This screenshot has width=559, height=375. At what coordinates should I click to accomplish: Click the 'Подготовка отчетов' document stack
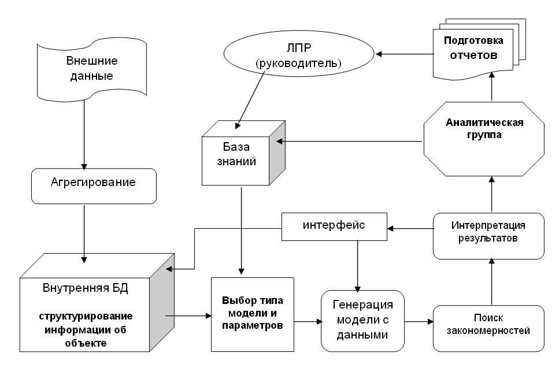[x=473, y=49]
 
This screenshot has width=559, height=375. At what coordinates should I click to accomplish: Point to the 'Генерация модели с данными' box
[x=362, y=320]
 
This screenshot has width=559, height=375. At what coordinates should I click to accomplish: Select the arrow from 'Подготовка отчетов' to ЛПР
[x=404, y=55]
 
